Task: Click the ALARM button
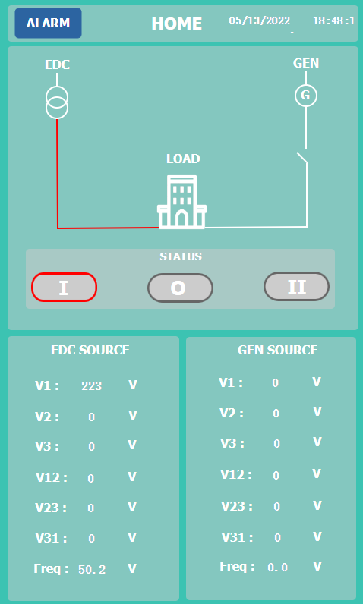48,23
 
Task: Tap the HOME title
176,24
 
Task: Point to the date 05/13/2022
260,20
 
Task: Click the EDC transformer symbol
57,102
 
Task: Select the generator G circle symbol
306,95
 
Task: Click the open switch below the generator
301,158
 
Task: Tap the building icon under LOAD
182,202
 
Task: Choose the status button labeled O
180,288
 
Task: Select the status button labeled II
296,287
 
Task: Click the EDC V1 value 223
92,386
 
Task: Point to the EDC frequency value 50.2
92,569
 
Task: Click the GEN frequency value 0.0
277,568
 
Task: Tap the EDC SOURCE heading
90,350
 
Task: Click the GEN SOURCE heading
277,350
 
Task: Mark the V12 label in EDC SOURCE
51,477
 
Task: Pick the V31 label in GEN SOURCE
237,537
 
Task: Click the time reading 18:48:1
333,20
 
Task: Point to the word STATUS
181,256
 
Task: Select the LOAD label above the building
183,159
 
